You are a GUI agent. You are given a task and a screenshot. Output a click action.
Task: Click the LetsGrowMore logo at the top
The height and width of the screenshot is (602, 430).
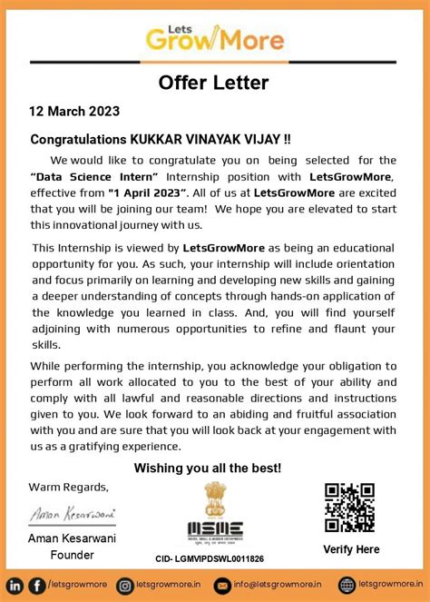pyautogui.click(x=214, y=35)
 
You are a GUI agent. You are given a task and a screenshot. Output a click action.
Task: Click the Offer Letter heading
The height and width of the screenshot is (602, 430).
pyautogui.click(x=214, y=83)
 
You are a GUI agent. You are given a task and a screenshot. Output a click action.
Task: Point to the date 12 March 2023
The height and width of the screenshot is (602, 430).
pyautogui.click(x=74, y=113)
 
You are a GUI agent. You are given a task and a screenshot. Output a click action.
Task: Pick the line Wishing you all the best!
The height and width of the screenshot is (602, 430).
pyautogui.click(x=208, y=468)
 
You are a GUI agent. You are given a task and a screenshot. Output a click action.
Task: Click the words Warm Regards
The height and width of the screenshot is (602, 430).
pyautogui.click(x=69, y=487)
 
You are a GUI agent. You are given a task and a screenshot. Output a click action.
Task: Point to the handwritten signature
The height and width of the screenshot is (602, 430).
pyautogui.click(x=73, y=514)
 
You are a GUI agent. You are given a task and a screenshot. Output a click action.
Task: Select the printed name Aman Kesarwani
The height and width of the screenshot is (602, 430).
pyautogui.click(x=73, y=540)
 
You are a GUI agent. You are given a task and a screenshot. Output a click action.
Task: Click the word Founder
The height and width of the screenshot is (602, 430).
pyautogui.click(x=73, y=555)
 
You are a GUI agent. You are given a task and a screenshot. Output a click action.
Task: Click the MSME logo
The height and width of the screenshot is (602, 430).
pyautogui.click(x=214, y=531)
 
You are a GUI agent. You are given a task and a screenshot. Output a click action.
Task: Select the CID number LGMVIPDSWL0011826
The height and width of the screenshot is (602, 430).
pyautogui.click(x=210, y=559)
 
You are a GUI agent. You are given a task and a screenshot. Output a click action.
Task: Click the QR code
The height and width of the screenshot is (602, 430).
pyautogui.click(x=349, y=508)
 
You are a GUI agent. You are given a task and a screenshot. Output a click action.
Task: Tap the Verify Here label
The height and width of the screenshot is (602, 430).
pyautogui.click(x=350, y=549)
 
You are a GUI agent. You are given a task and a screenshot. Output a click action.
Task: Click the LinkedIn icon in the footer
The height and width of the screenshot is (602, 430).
pyautogui.click(x=15, y=585)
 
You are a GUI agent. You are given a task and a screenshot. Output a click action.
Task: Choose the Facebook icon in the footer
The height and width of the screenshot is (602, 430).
pyautogui.click(x=36, y=585)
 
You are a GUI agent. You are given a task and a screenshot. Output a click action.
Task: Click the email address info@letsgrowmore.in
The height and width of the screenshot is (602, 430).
pyautogui.click(x=279, y=585)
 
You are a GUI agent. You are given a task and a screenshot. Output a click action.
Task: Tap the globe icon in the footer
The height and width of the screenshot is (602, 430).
pyautogui.click(x=347, y=585)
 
